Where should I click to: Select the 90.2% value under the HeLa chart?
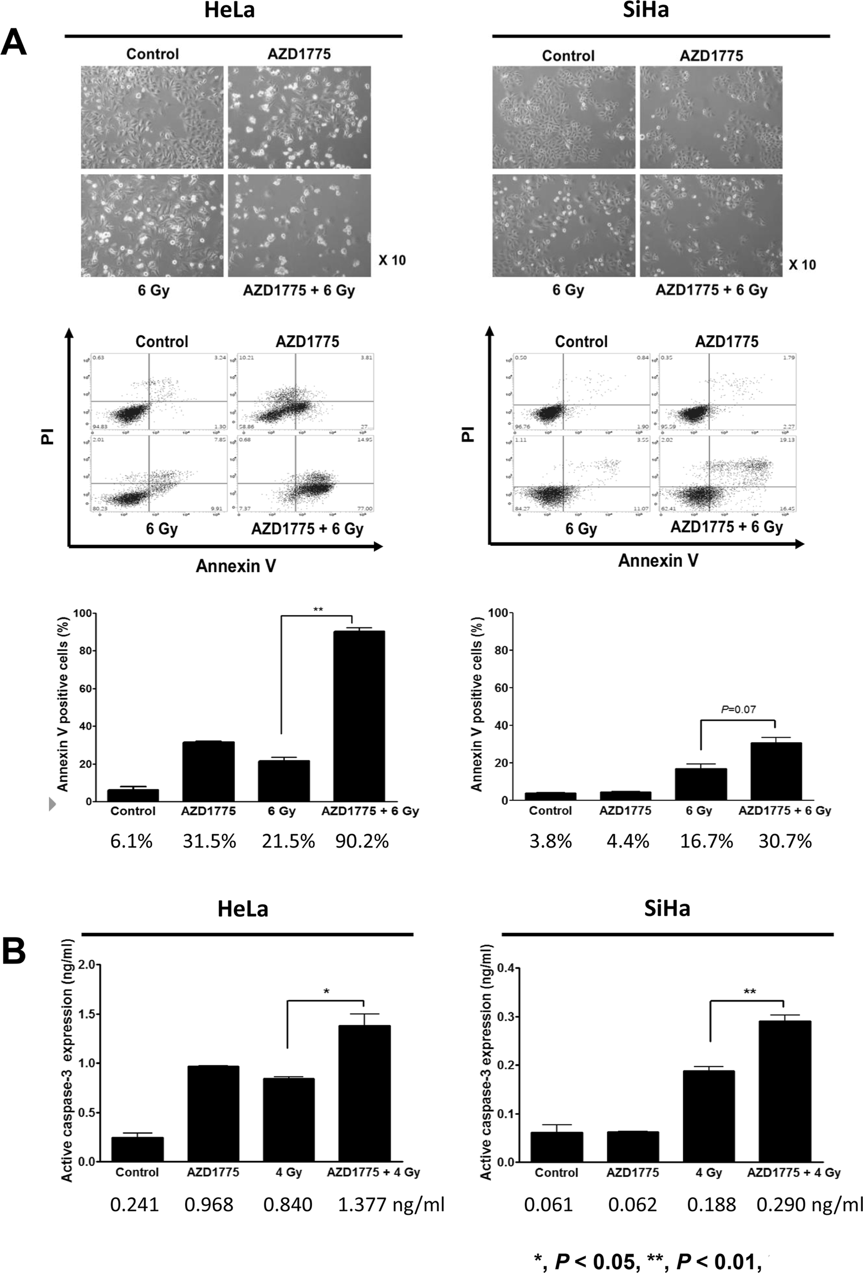(x=361, y=841)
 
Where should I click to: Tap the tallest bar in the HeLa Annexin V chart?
(x=359, y=716)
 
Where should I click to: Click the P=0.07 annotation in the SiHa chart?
(x=738, y=709)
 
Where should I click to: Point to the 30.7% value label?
(x=785, y=841)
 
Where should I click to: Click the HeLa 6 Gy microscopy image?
(x=152, y=225)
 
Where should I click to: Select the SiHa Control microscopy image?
(x=564, y=117)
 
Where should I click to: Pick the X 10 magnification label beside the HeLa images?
(x=392, y=260)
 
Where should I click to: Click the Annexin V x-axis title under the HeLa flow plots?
(x=236, y=566)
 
